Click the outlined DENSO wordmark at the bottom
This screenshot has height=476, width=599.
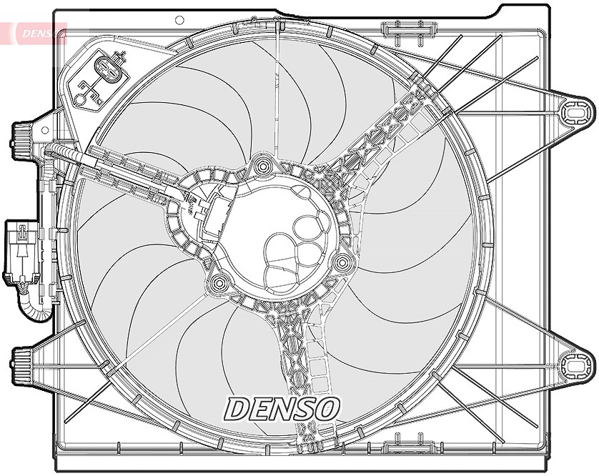(x=282, y=409)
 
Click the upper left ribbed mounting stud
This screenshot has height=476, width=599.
(x=21, y=141)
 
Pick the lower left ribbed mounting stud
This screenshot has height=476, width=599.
(x=21, y=366)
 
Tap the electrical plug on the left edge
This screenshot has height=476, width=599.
(x=21, y=252)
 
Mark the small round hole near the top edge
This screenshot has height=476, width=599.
(x=179, y=20)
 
